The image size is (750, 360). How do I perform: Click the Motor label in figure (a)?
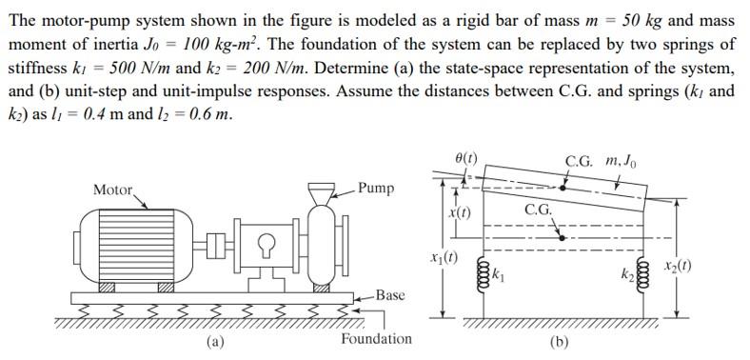[113, 190]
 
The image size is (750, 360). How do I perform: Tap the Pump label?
[376, 188]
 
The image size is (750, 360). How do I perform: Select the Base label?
[390, 295]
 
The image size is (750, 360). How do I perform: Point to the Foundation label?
[377, 339]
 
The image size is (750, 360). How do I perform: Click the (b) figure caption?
[560, 345]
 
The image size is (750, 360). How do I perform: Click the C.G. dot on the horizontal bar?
[562, 235]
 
